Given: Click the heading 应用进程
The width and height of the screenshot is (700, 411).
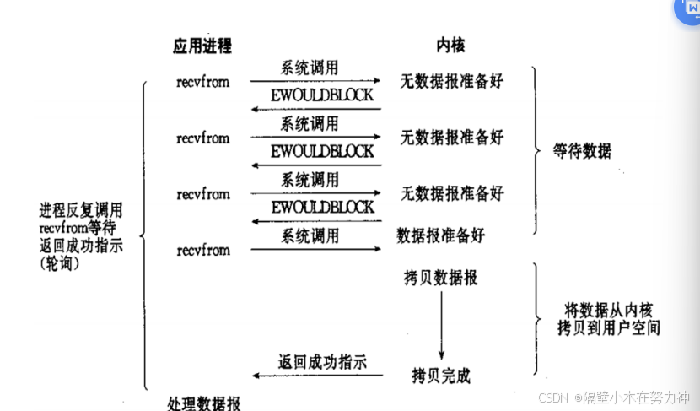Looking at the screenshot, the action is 202,45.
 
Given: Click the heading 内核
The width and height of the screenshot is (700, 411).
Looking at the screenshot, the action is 450,45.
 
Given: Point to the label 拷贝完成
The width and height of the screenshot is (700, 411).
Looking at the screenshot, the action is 441,373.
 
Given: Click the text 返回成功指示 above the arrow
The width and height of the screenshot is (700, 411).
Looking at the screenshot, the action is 322,362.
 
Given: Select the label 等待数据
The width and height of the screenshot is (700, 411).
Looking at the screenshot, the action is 582,152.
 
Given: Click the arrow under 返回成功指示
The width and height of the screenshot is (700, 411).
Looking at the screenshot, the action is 316,375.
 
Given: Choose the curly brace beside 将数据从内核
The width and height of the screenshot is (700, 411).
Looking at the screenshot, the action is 537,318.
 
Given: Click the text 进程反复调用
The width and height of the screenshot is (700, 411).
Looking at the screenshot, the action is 80,210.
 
